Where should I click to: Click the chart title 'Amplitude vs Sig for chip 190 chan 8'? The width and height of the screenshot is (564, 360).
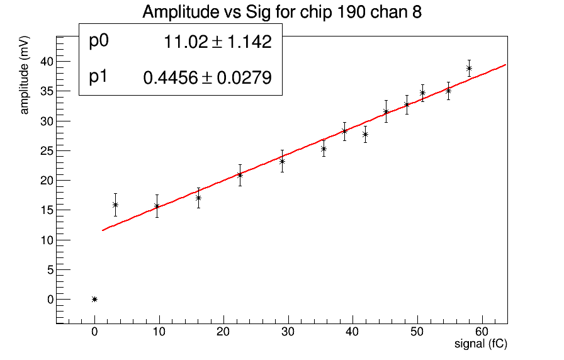[281, 12]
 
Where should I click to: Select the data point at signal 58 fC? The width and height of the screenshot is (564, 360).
[469, 68]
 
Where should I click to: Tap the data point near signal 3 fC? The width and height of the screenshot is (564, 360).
[115, 205]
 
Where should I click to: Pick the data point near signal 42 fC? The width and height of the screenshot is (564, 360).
[365, 134]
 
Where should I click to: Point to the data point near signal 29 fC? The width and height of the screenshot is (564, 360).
[282, 161]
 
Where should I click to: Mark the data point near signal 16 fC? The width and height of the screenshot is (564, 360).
[198, 198]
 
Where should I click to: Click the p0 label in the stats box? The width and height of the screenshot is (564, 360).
[99, 42]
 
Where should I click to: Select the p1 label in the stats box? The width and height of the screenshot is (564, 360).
[99, 77]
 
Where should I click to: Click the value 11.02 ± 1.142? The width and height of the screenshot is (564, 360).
[217, 42]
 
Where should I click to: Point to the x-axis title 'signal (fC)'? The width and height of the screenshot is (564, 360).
[481, 344]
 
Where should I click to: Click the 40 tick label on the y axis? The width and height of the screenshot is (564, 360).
[45, 61]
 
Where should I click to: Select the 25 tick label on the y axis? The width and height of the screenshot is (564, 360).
[45, 150]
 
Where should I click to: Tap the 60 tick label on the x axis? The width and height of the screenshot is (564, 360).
[482, 332]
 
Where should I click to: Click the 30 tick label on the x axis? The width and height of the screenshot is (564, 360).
[288, 332]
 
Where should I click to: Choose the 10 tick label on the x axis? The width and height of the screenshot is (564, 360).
[159, 332]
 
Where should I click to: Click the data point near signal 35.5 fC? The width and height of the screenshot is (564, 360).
[324, 149]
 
